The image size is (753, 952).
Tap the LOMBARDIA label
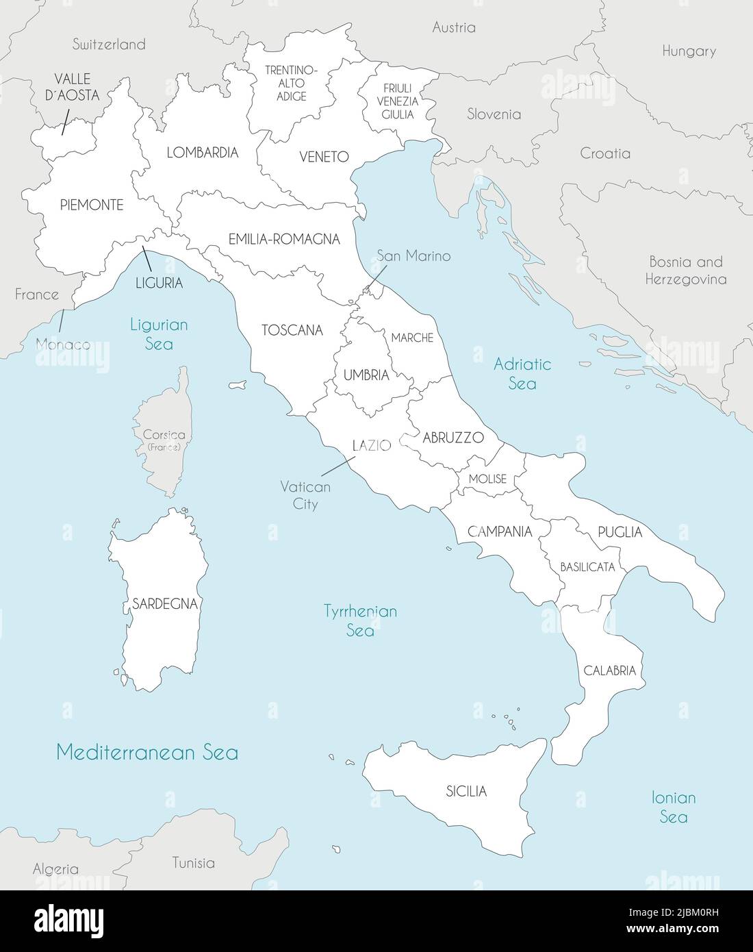point(203,153)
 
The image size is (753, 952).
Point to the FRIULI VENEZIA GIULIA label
point(398,101)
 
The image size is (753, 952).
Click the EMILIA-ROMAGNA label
point(284,240)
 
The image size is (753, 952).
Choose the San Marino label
point(413,256)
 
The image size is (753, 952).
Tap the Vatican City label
point(305,495)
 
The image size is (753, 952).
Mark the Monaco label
point(63,345)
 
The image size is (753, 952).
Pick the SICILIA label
point(466,792)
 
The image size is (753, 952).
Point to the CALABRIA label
point(610,671)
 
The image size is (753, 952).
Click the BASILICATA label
point(587,567)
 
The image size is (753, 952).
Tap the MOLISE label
point(487,479)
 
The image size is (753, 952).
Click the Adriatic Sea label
point(522,373)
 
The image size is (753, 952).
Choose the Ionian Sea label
point(674,807)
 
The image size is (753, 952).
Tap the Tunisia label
point(193,863)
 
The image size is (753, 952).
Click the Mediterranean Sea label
point(147,753)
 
